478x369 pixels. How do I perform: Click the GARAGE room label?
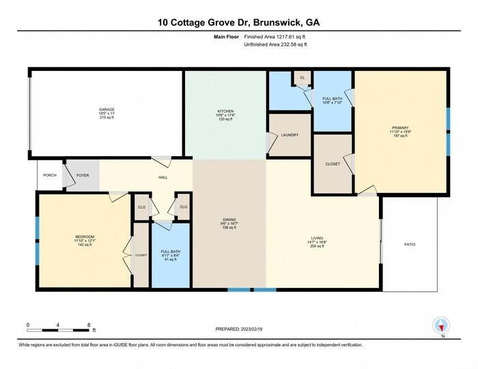[x=107, y=109]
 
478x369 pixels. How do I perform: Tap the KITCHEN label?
[x=226, y=111]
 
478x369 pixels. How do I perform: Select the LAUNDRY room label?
[x=290, y=135]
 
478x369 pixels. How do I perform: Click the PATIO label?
[x=410, y=245]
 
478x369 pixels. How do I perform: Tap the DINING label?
[x=229, y=220]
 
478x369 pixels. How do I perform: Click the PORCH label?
[x=49, y=175]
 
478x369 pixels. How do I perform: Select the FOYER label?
[x=83, y=175]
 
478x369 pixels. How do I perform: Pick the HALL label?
[x=163, y=178]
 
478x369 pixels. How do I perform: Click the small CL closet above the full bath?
[x=303, y=78]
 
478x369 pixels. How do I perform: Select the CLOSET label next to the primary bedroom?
[x=333, y=164]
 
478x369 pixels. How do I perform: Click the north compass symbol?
[x=440, y=325]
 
